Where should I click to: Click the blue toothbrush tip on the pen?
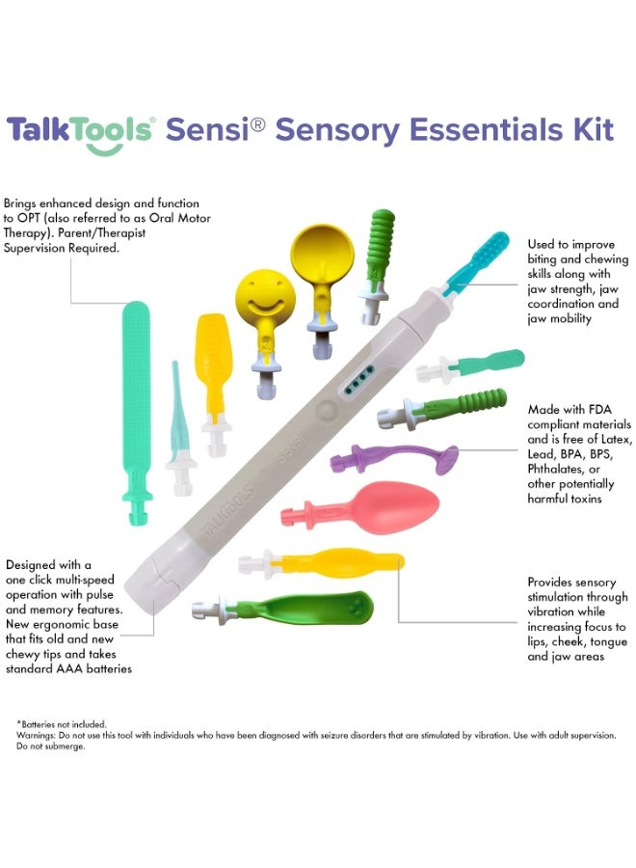pos(477,262)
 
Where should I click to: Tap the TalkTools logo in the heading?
pos(80,134)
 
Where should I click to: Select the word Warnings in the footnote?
pos(36,735)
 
